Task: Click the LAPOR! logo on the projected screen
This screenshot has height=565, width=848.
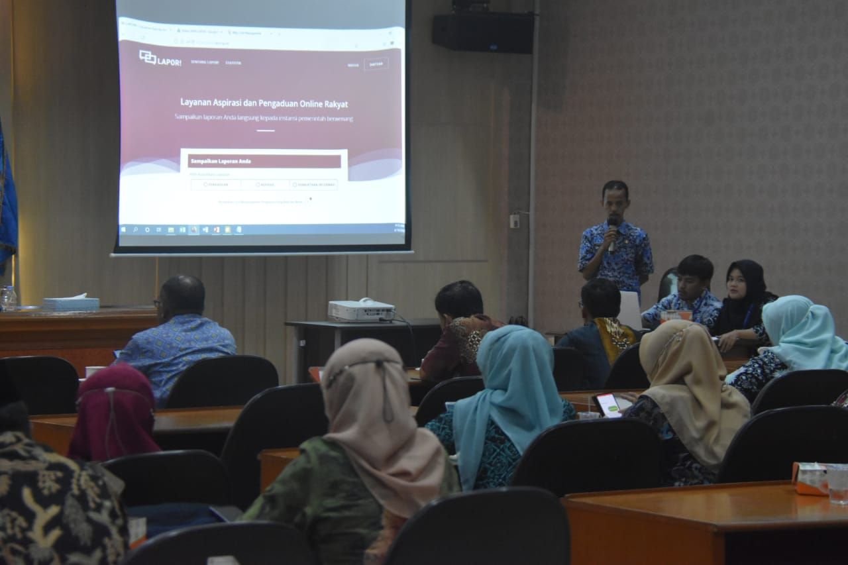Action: click(160, 58)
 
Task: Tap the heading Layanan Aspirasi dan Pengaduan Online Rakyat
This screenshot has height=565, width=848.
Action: click(264, 103)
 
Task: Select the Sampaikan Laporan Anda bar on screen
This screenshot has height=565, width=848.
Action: click(264, 161)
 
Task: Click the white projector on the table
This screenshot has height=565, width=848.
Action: click(361, 310)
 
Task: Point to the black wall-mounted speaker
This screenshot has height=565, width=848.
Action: click(483, 32)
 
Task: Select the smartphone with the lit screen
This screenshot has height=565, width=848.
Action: click(608, 405)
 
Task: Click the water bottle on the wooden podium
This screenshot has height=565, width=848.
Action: click(9, 298)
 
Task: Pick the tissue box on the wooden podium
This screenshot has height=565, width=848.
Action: click(71, 303)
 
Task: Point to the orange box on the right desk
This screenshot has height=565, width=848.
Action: click(810, 478)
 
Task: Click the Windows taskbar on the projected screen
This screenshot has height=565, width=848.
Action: click(262, 230)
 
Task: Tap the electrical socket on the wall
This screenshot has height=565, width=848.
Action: click(514, 221)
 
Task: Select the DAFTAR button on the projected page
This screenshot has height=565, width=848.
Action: click(376, 64)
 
